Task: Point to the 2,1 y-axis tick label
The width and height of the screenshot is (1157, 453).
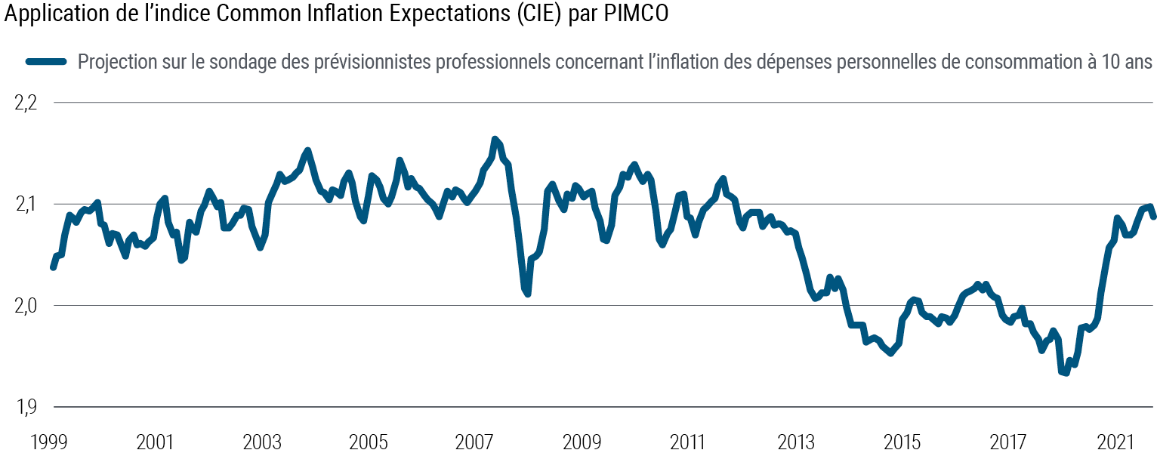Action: click(x=26, y=205)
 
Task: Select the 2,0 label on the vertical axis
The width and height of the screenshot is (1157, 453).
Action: click(x=26, y=306)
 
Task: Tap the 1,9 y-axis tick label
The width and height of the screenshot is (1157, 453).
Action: click(x=26, y=407)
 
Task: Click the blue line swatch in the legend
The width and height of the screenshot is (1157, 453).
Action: click(x=47, y=62)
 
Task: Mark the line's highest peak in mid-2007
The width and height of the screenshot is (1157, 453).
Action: click(x=495, y=140)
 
